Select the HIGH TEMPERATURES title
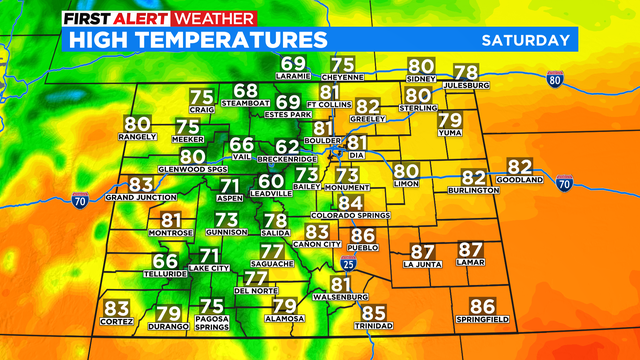(x=196, y=40)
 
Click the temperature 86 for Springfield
(x=483, y=306)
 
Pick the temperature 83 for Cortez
(x=117, y=308)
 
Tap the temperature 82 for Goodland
(x=520, y=167)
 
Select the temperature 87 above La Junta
(x=422, y=251)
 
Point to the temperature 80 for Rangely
(x=137, y=125)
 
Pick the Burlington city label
(x=474, y=190)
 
